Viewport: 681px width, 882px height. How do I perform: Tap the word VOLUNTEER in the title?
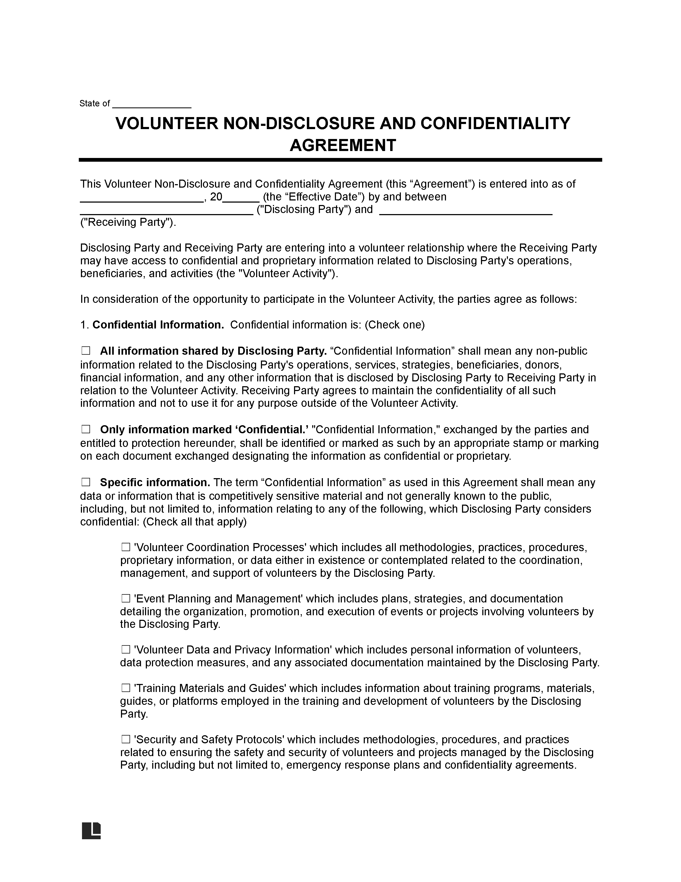[167, 123]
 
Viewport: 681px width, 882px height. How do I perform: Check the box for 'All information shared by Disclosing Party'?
[85, 351]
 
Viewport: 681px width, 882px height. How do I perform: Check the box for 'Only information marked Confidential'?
[85, 429]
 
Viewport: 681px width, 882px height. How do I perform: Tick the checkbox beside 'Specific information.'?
[85, 482]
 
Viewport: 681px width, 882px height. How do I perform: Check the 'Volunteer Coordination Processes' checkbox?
[126, 547]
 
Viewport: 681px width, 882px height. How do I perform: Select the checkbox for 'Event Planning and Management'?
[126, 598]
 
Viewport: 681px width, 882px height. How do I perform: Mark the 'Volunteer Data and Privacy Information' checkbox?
[126, 649]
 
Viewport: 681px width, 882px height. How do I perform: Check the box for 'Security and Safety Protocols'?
[126, 740]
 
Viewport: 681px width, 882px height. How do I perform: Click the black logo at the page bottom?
[91, 830]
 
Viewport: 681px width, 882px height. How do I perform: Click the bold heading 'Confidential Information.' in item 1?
[158, 325]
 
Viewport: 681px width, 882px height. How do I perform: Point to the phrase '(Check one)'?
[394, 325]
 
